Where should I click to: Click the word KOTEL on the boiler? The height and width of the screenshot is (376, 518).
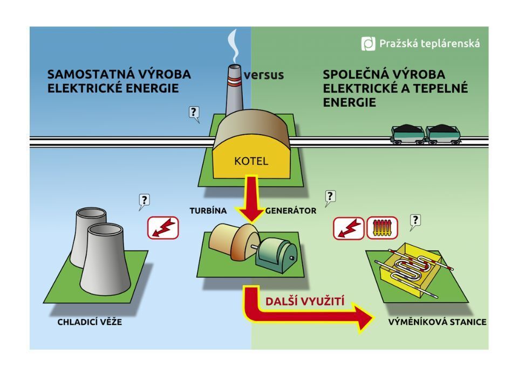point(251,161)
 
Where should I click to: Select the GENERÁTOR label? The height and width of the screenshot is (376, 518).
point(291,211)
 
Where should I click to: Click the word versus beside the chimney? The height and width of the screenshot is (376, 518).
point(263,75)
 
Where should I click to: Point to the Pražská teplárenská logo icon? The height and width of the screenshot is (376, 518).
point(368,44)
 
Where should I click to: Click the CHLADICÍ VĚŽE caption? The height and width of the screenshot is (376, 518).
point(90,322)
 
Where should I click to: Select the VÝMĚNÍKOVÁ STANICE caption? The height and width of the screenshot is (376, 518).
point(437,322)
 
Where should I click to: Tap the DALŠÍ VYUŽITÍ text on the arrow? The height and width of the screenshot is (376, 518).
point(305,302)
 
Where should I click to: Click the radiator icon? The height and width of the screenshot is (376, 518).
point(382,228)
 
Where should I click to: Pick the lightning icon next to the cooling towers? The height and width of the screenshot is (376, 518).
point(163,228)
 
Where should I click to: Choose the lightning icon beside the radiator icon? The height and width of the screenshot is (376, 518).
point(349,228)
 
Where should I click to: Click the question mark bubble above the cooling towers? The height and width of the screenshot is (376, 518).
point(144,201)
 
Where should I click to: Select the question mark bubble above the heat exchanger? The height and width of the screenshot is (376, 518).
point(415,220)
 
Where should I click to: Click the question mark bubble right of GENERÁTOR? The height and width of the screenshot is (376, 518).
point(330,197)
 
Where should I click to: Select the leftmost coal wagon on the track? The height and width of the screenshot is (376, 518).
point(407,134)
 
